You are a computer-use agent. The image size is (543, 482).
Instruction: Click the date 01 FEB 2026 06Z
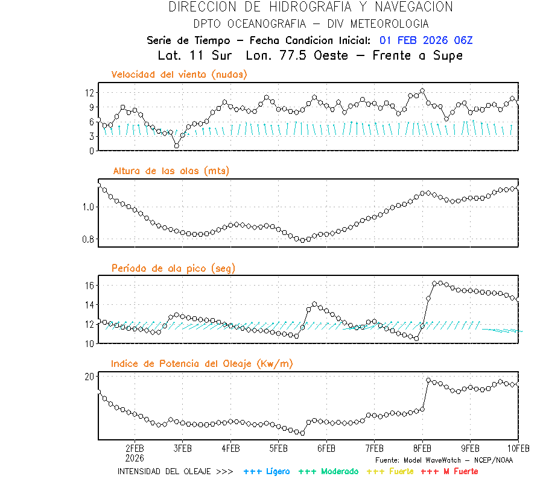point(426,40)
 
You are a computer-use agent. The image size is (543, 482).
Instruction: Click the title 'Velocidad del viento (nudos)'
point(179,75)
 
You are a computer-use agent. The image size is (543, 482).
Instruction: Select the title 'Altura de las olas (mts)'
point(171,171)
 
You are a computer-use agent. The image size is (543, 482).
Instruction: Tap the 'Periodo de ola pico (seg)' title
point(173,268)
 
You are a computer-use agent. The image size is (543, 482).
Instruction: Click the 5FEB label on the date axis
point(278,449)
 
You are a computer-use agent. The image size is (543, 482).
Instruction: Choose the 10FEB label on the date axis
point(518,449)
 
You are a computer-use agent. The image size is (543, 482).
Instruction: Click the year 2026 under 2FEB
point(135,458)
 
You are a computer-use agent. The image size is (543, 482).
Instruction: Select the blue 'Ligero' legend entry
point(267,471)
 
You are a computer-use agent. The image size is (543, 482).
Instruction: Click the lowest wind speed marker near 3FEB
point(176,146)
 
